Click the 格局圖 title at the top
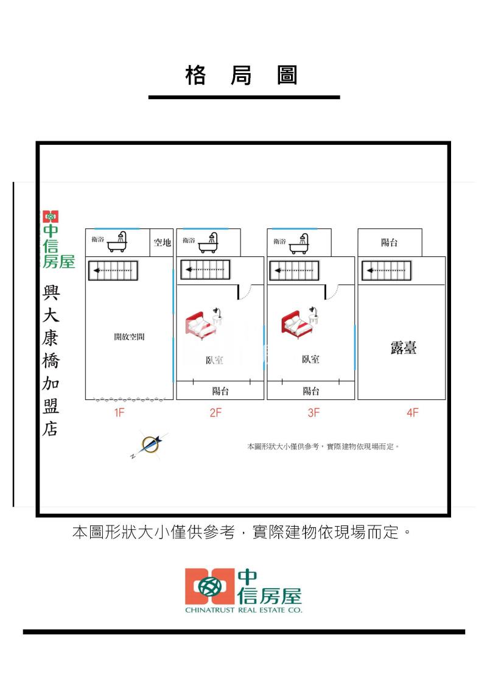click(x=243, y=76)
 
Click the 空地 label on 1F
click(x=163, y=242)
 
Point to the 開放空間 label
click(x=129, y=336)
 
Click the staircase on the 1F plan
click(x=113, y=270)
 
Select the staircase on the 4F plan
click(x=386, y=270)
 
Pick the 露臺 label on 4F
click(x=403, y=348)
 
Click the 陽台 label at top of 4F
click(x=390, y=242)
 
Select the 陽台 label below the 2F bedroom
click(x=220, y=391)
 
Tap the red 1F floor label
click(x=119, y=413)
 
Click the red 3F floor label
click(x=313, y=413)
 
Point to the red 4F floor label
click(x=412, y=413)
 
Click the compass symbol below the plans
click(x=150, y=446)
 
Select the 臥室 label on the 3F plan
click(x=310, y=359)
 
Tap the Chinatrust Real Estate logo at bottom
click(x=243, y=590)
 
